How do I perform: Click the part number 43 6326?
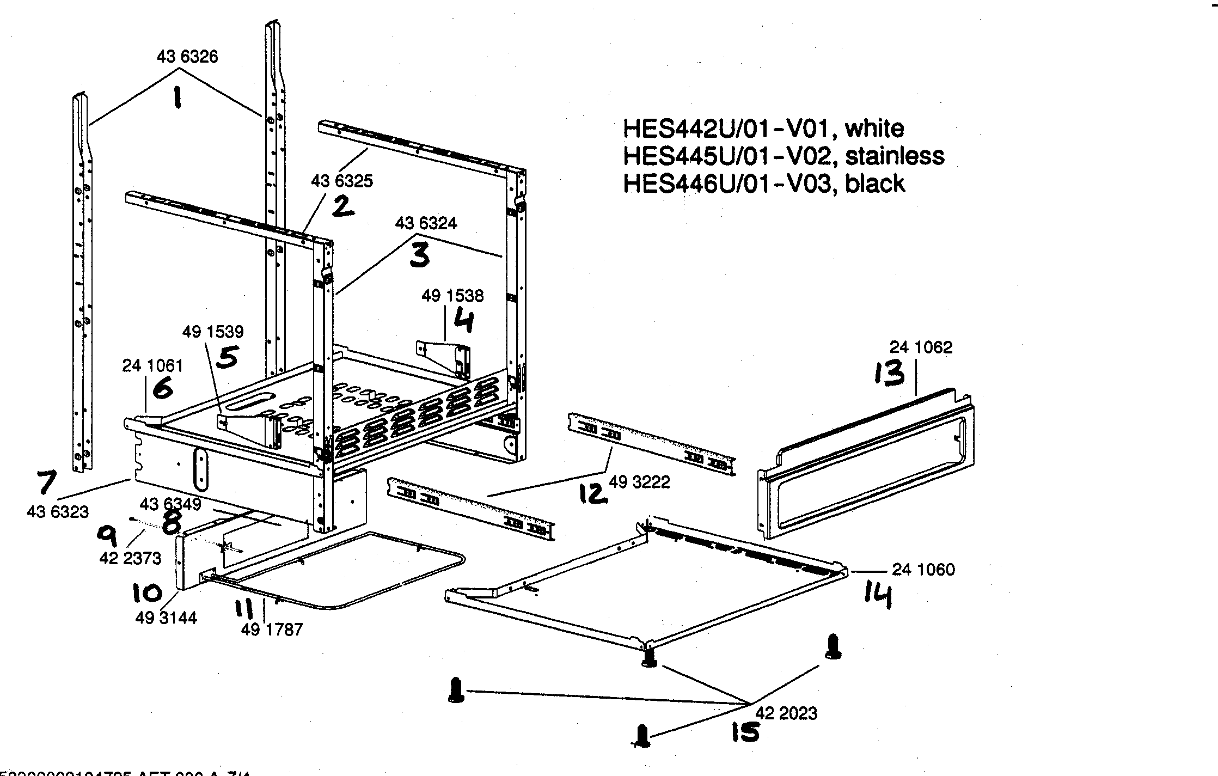(x=187, y=57)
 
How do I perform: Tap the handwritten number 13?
(x=889, y=375)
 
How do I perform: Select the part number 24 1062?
(x=921, y=347)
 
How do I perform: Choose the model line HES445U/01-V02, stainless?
(x=783, y=156)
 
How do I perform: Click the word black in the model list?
(x=874, y=184)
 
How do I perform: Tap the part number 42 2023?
(x=786, y=713)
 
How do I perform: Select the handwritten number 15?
(x=744, y=731)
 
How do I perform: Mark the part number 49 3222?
(x=639, y=482)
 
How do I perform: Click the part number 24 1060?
(x=923, y=570)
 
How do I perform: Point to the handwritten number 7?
(x=46, y=482)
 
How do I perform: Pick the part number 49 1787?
(x=272, y=630)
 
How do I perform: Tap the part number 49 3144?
(x=166, y=618)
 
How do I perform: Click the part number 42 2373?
(x=130, y=558)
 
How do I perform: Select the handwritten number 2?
(x=343, y=207)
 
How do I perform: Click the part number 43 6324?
(x=426, y=223)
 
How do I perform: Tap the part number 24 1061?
(x=152, y=365)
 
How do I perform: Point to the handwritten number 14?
(x=878, y=595)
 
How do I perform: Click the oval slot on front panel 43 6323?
(x=200, y=469)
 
